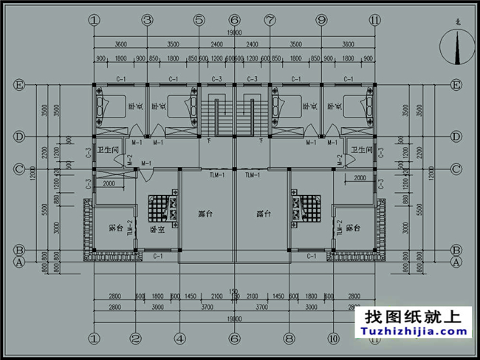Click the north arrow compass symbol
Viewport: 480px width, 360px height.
pos(456,50)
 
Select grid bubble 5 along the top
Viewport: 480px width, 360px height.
pos(199,20)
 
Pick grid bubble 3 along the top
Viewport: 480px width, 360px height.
pos(147,20)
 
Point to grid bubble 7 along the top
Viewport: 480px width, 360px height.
pos(270,20)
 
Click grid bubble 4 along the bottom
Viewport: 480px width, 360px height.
pos(179,339)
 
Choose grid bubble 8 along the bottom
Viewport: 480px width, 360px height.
pos(289,339)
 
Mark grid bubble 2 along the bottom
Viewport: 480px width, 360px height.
pos(136,339)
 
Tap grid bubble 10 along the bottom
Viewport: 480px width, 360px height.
pos(332,339)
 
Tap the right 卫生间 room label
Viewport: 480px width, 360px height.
pos(362,150)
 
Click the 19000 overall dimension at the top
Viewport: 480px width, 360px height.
pos(234,33)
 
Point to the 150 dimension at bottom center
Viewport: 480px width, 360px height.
pos(234,291)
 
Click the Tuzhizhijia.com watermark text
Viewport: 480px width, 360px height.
pos(412,331)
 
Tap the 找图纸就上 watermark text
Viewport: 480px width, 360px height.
pos(412,316)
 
